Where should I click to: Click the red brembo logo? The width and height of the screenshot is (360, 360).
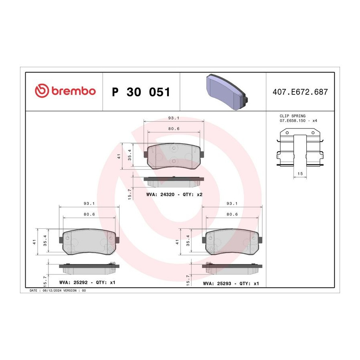coord(65,91)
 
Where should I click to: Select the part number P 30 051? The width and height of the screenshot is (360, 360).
coord(141,92)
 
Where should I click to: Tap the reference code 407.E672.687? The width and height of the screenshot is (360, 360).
coord(300,92)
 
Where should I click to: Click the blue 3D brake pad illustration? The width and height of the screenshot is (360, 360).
coord(227,92)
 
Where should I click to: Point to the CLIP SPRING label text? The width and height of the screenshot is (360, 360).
coord(292,116)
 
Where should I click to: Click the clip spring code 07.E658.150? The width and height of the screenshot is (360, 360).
coord(292,120)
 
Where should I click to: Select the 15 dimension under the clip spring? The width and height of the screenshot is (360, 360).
coord(300,174)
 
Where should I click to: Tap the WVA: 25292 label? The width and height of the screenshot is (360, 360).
coord(74,282)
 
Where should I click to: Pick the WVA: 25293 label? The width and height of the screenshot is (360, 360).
coord(217,284)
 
